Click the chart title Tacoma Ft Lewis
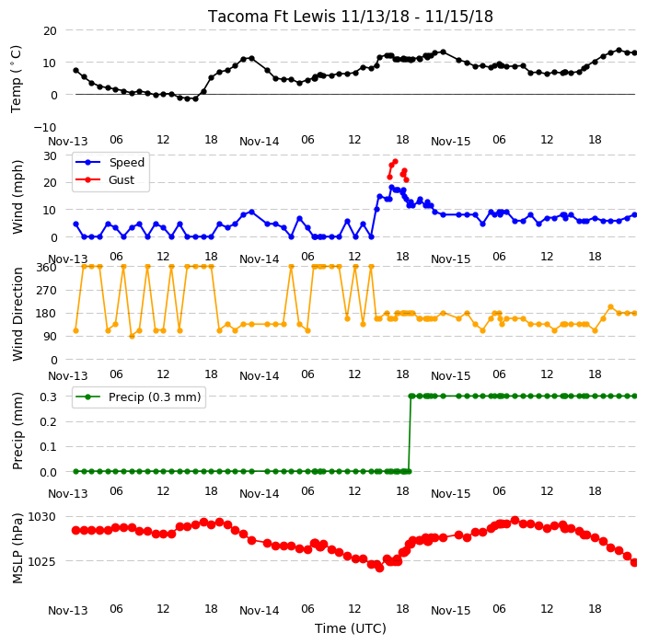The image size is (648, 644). (272, 17)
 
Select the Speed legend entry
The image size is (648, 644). (110, 162)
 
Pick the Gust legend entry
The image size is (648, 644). (105, 180)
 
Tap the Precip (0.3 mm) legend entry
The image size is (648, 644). (138, 397)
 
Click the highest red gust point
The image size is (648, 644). (396, 162)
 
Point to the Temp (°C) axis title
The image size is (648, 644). (16, 79)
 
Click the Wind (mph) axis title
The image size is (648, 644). (17, 197)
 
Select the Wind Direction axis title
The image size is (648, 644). (17, 314)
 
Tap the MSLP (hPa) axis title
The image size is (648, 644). (17, 547)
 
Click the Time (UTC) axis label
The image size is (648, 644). (351, 628)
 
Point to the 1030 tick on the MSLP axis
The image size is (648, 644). (41, 517)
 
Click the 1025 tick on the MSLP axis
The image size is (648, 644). (41, 562)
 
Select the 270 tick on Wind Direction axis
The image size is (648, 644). (47, 291)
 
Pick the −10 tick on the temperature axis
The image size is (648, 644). (45, 127)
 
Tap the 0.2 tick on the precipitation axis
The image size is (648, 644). (48, 421)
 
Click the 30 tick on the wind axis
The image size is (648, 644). (50, 155)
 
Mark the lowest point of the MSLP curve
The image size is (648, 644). (380, 569)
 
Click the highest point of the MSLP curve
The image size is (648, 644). (515, 520)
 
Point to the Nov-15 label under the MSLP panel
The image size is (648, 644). (450, 611)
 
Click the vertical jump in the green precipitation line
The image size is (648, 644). (410, 433)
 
